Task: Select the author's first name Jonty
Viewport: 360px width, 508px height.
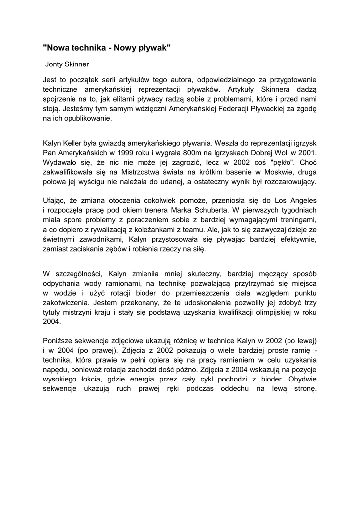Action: pyautogui.click(x=55, y=64)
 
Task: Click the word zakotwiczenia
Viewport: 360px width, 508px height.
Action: pyautogui.click(x=66, y=303)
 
